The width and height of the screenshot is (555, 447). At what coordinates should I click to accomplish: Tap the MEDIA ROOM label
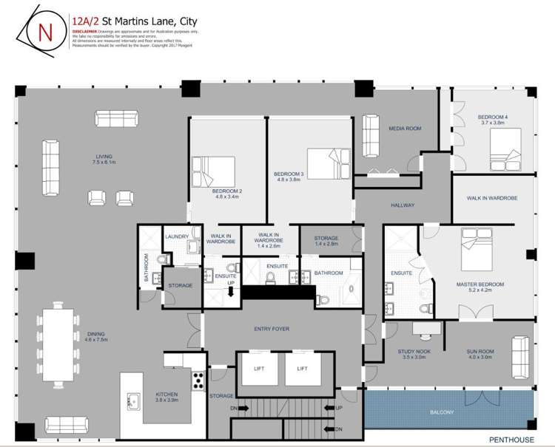pos(405,129)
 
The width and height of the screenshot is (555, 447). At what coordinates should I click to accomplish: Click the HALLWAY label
pos(403,205)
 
